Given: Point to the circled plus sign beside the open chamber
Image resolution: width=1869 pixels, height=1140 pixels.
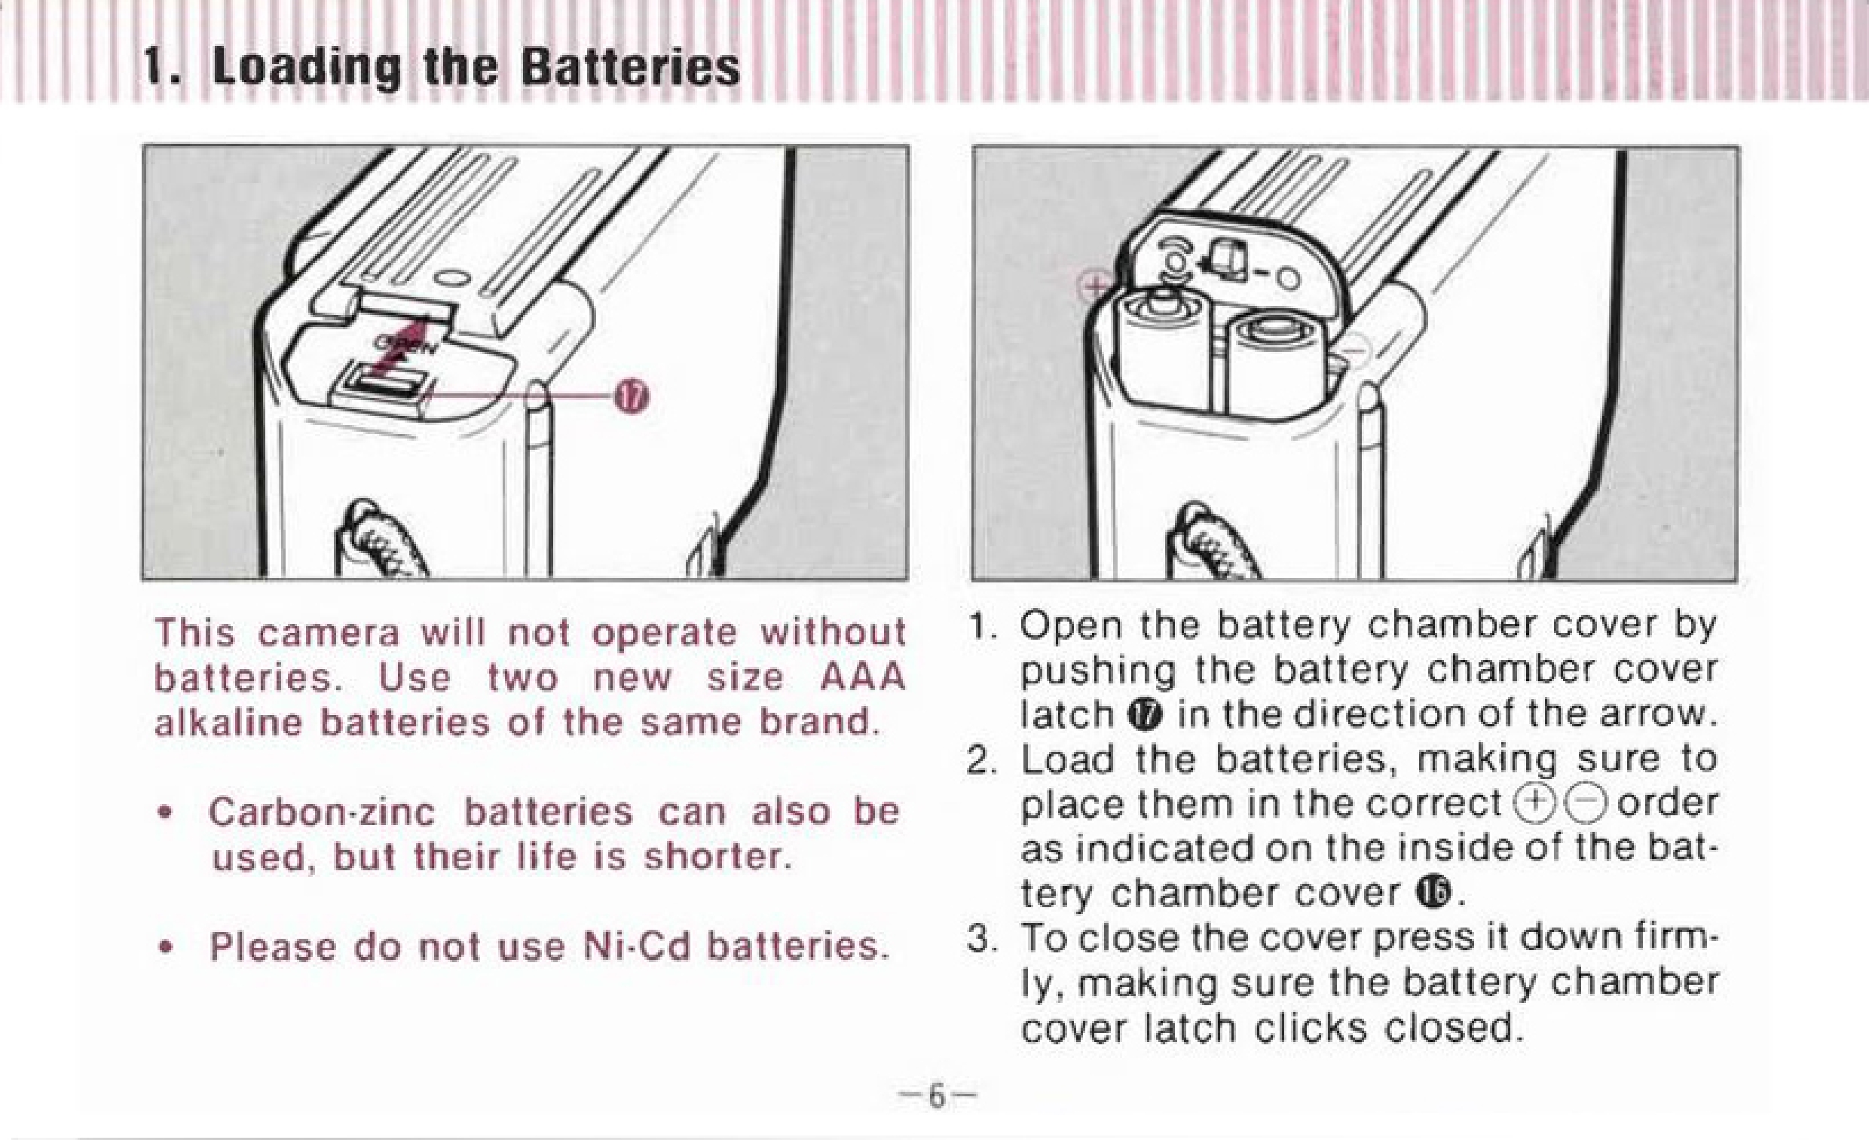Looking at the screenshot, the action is [1094, 286].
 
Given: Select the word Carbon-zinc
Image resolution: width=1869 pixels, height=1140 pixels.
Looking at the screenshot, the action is [322, 811].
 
